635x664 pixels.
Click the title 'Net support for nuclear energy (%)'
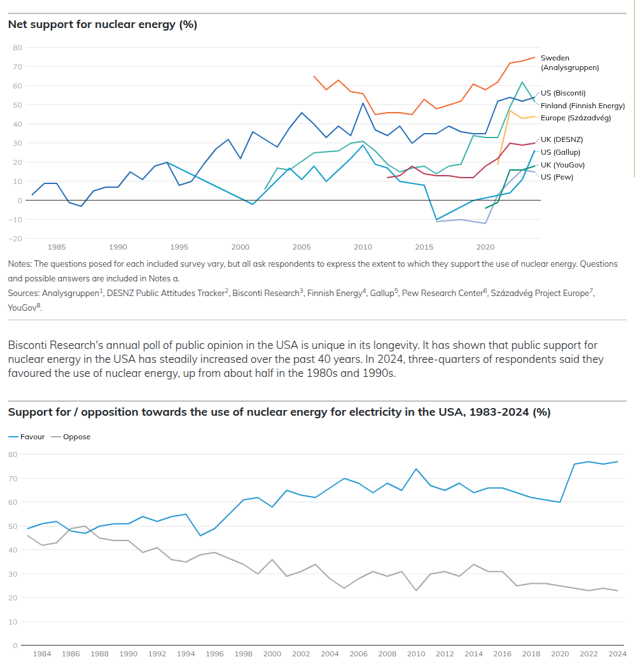point(102,25)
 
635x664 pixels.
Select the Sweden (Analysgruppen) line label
point(569,62)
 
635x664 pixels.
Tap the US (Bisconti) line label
point(562,93)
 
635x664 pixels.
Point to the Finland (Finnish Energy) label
point(582,106)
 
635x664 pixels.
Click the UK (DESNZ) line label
point(562,139)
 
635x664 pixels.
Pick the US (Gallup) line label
point(560,152)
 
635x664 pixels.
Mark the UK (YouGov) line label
point(562,164)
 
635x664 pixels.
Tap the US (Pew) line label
point(557,176)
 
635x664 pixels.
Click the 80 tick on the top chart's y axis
point(17,48)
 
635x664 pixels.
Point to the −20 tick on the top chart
point(15,239)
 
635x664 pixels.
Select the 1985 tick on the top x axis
point(57,247)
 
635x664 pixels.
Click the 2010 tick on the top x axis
point(363,247)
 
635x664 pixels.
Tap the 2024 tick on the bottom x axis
point(617,654)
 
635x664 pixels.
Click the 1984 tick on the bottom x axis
point(42,654)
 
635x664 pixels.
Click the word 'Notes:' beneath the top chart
point(20,264)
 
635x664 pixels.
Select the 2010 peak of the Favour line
point(415,469)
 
